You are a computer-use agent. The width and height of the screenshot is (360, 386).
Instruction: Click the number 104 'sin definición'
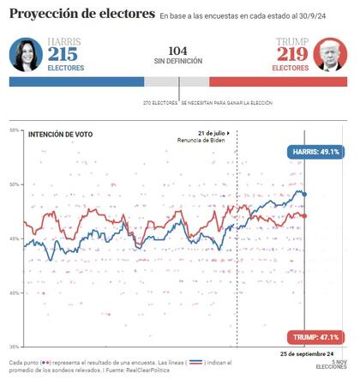click(177, 51)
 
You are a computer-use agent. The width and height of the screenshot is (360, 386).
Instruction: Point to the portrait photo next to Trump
click(331, 54)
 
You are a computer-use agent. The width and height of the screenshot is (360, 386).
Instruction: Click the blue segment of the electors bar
click(76, 81)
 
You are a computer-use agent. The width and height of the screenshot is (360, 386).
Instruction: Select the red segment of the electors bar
click(278, 81)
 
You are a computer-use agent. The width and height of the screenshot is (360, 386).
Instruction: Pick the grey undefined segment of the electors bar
click(177, 81)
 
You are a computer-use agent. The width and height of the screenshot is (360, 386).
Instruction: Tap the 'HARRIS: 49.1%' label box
click(315, 151)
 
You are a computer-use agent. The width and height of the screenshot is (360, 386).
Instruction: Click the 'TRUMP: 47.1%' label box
click(315, 336)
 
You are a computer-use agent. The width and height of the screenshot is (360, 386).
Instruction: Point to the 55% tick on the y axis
click(15, 130)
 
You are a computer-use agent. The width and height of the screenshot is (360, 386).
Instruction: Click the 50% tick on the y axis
click(15, 184)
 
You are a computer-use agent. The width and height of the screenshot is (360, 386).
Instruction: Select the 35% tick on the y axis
click(15, 347)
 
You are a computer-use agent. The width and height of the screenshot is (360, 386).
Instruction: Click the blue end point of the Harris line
click(304, 195)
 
